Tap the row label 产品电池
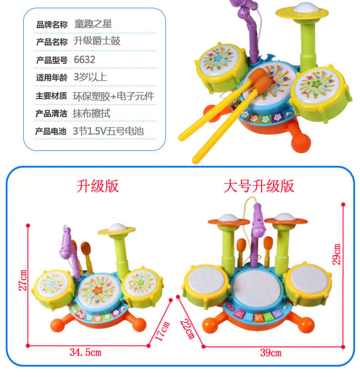[51, 132]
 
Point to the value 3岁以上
[90, 77]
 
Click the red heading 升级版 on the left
[98, 186]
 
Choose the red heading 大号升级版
[259, 186]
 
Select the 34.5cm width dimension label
[85, 352]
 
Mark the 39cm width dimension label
[270, 352]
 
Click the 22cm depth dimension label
[188, 328]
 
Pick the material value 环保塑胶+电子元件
[113, 96]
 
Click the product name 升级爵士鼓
[97, 41]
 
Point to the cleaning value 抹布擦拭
[92, 114]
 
